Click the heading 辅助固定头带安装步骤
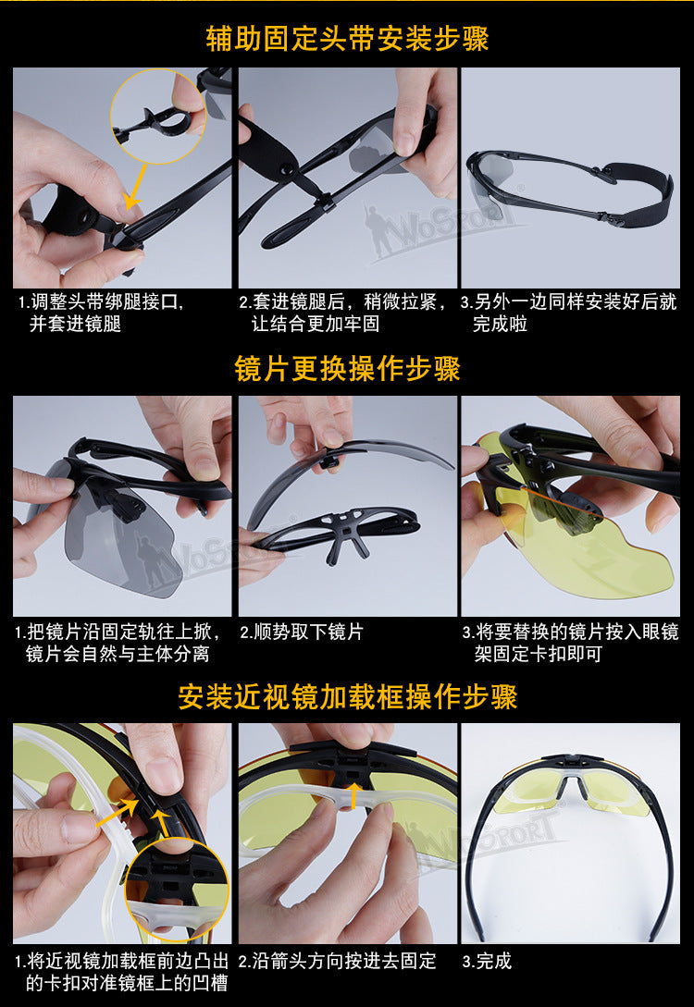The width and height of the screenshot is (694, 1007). click(347, 38)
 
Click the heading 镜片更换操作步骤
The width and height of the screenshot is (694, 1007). click(347, 369)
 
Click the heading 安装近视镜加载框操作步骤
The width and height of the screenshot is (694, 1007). click(347, 697)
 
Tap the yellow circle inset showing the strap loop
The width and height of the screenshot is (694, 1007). click(158, 117)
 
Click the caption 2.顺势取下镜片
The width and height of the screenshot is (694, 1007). click(302, 632)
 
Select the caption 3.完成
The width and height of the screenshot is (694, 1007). click(487, 961)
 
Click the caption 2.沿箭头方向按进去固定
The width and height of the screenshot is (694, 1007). click(338, 961)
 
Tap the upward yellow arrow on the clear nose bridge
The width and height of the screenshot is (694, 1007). click(353, 794)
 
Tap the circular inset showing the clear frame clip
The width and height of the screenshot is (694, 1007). click(176, 890)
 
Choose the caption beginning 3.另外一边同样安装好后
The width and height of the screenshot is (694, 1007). click(569, 313)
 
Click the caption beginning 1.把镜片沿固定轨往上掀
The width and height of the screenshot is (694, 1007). click(118, 643)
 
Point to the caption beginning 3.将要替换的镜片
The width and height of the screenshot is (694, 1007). click(571, 643)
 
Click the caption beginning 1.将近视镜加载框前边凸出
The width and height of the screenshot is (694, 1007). click(122, 972)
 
